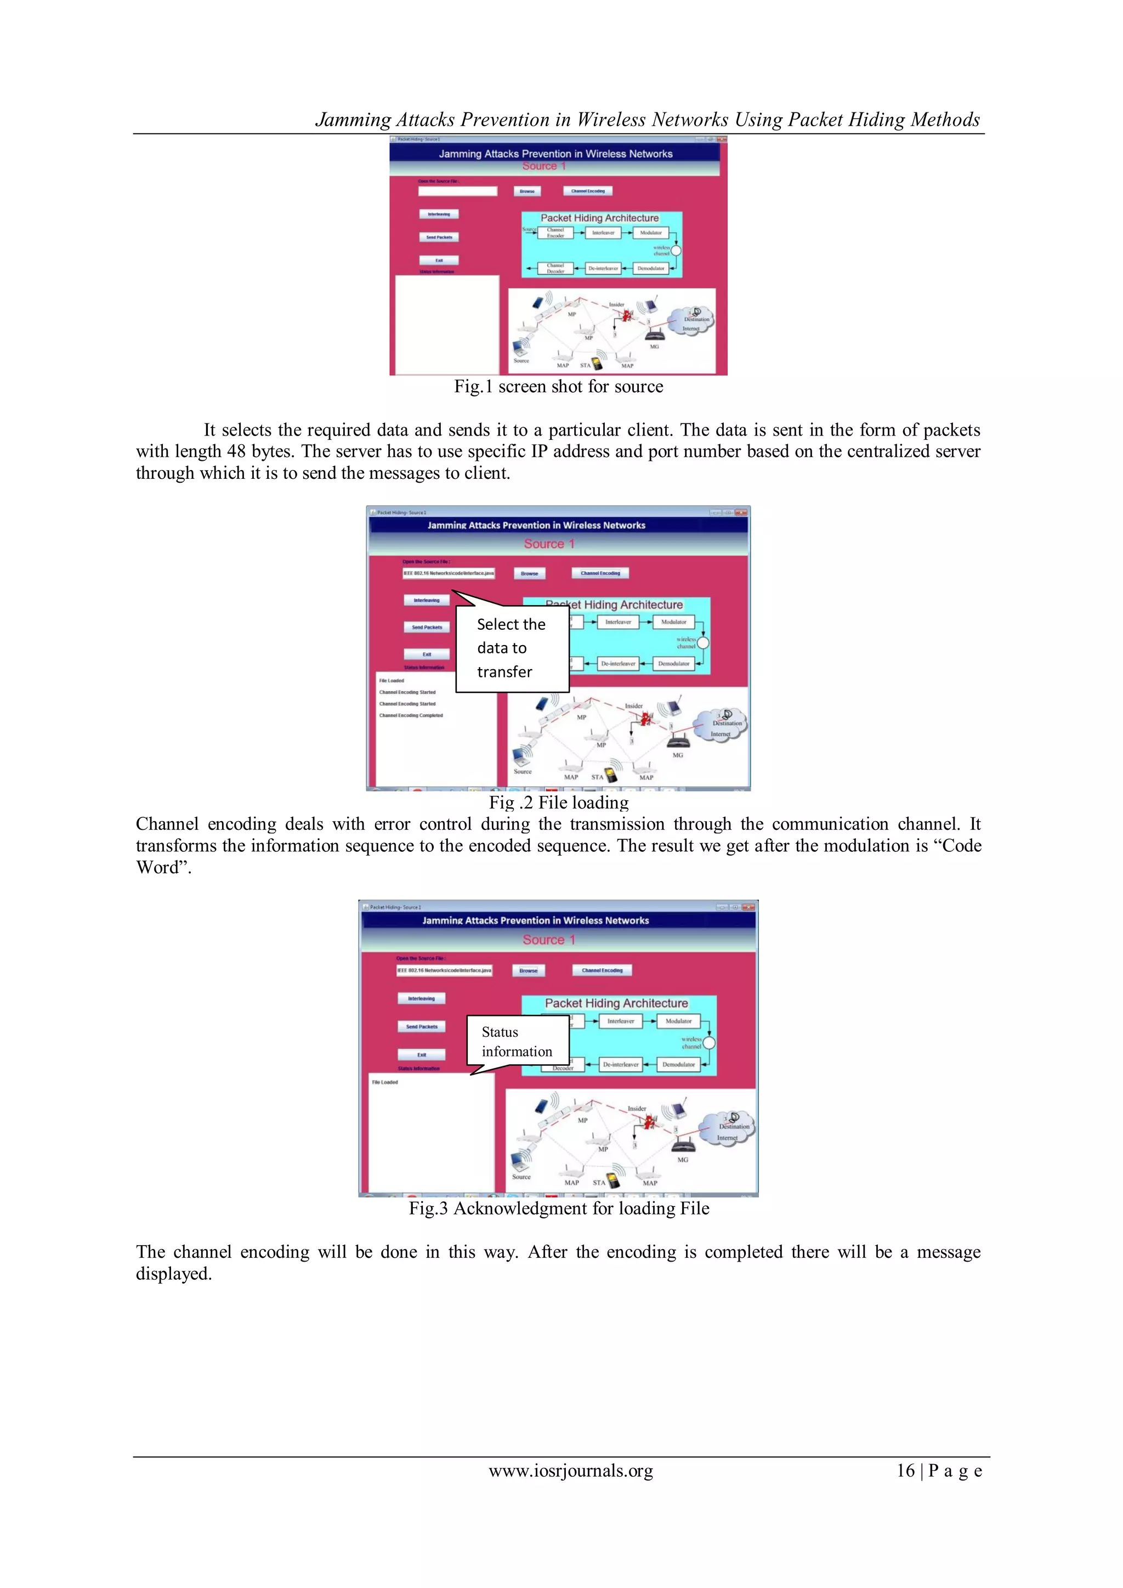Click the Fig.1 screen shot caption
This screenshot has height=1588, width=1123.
point(558,387)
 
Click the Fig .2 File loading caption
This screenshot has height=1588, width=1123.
point(559,803)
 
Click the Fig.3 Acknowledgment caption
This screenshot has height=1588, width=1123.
point(559,1208)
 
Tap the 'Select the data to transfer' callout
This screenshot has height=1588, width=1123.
point(512,648)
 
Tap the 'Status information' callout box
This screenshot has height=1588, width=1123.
point(517,1042)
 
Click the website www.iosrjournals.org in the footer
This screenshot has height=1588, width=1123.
point(570,1471)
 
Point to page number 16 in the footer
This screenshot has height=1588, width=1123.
point(905,1471)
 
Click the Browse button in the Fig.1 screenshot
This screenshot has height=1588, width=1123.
point(527,191)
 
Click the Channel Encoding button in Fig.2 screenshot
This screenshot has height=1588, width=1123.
point(600,573)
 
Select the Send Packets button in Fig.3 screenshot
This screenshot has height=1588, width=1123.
point(422,1027)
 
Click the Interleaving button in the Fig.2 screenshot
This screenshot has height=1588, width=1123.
point(427,600)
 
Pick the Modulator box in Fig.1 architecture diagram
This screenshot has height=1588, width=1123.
point(651,233)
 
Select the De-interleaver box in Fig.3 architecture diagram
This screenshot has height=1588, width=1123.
point(620,1065)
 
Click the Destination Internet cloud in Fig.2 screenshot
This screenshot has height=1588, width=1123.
point(722,726)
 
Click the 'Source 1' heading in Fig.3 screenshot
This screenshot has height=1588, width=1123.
point(548,940)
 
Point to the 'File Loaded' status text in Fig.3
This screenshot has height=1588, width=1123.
point(385,1082)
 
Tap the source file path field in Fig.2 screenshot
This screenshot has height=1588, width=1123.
point(449,573)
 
